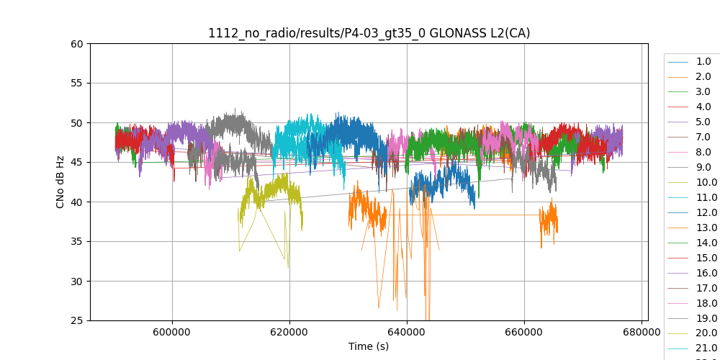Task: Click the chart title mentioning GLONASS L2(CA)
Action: [369, 33]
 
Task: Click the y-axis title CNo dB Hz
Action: [60, 182]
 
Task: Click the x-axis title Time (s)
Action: [369, 346]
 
